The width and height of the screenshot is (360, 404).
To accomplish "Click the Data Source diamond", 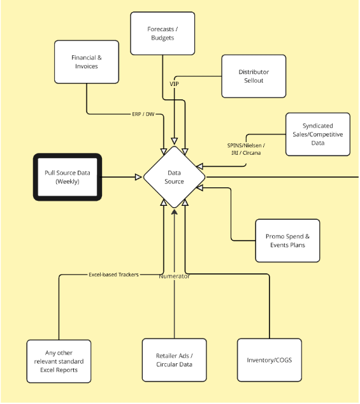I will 175,177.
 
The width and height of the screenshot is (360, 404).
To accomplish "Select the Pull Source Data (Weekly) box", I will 67,177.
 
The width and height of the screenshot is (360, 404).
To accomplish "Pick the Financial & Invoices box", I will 86,62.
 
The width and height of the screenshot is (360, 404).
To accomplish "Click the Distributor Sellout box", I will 254,76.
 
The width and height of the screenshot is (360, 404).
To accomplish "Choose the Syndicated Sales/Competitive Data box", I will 317,134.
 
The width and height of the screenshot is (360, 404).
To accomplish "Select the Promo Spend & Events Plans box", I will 288,240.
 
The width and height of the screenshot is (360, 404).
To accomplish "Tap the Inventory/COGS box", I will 269,360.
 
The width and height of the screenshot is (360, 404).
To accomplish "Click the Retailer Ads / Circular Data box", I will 174,360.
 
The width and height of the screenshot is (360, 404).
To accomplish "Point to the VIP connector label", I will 174,84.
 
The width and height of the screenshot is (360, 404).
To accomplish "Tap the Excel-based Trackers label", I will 113,275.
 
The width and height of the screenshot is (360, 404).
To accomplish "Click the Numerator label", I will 174,276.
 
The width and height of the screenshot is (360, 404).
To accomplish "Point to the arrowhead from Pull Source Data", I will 138,177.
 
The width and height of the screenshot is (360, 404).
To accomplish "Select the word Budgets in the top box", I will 162,38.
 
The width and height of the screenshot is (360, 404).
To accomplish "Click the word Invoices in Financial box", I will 86,66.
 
